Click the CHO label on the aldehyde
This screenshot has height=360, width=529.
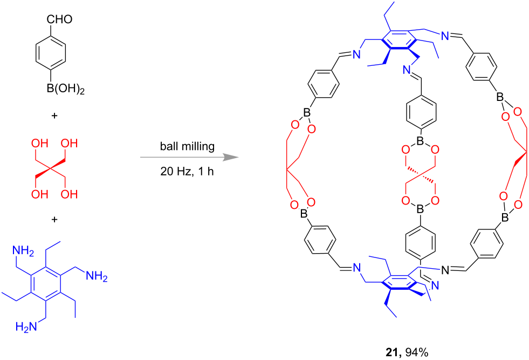[x=59, y=19]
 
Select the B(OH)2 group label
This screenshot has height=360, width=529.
[x=65, y=90]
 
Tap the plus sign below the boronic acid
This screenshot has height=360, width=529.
[x=54, y=116]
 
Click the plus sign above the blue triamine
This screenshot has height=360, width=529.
[x=54, y=220]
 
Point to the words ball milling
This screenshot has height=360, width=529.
[x=187, y=146]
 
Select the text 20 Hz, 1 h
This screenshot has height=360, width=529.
[x=187, y=172]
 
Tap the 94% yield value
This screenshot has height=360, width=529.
[x=417, y=352]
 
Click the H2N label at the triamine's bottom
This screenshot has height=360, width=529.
[x=26, y=327]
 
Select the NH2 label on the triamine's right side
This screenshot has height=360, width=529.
[x=97, y=276]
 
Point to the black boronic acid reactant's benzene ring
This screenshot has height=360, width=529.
[x=51, y=52]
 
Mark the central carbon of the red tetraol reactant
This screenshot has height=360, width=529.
[x=51, y=168]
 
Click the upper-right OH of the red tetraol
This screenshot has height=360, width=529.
[x=69, y=143]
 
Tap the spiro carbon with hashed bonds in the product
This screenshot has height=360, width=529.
[x=421, y=175]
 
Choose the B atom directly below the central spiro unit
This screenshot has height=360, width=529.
[x=421, y=210]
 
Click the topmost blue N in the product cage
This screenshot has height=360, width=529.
[x=445, y=36]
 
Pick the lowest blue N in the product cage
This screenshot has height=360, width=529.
[x=435, y=286]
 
